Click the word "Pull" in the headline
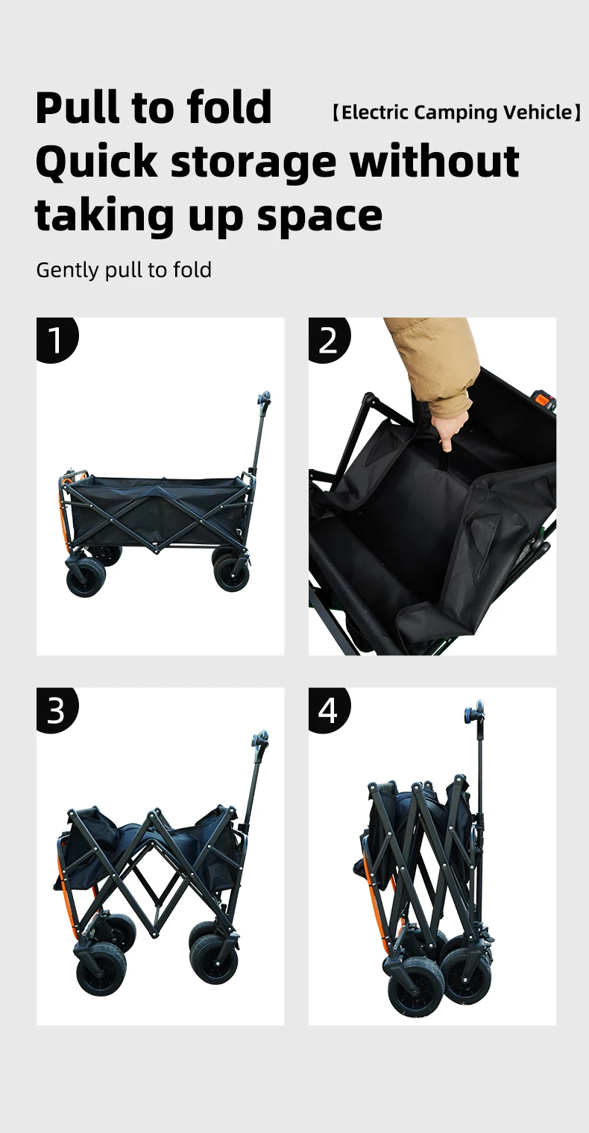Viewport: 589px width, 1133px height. pos(78,107)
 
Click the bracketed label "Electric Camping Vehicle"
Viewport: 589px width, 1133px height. pos(456,113)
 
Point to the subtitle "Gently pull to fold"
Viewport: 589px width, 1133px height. pos(124,270)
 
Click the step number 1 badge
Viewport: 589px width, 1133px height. pos(57,339)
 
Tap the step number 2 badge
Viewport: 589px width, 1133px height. pos(329,339)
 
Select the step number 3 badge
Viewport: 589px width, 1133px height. pos(57,710)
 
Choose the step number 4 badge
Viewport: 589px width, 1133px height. pos(329,710)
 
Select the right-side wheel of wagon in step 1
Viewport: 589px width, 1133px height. pos(231,572)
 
